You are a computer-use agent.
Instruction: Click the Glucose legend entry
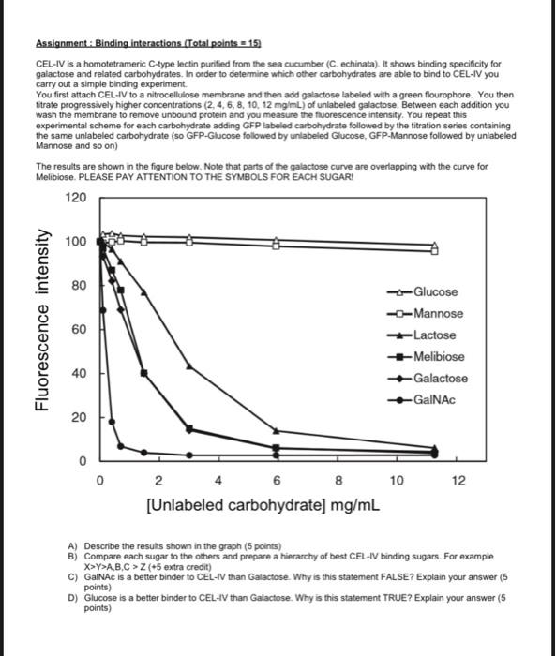tap(435, 292)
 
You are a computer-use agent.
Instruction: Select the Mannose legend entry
tap(438, 314)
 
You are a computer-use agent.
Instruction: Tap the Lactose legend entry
tap(434, 335)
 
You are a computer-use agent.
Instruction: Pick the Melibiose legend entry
tap(438, 357)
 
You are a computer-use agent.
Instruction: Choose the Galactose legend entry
tap(440, 379)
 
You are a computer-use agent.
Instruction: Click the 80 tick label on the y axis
tap(79, 285)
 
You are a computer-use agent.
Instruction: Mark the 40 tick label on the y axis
tap(79, 373)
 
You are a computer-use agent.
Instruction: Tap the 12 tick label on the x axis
tap(457, 482)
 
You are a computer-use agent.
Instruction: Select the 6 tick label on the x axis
tap(277, 482)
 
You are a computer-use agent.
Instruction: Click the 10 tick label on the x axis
tap(397, 482)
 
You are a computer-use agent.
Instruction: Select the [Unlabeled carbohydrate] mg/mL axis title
tap(263, 505)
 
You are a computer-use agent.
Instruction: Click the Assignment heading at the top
tap(149, 43)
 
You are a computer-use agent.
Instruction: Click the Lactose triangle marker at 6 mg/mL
tap(276, 431)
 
